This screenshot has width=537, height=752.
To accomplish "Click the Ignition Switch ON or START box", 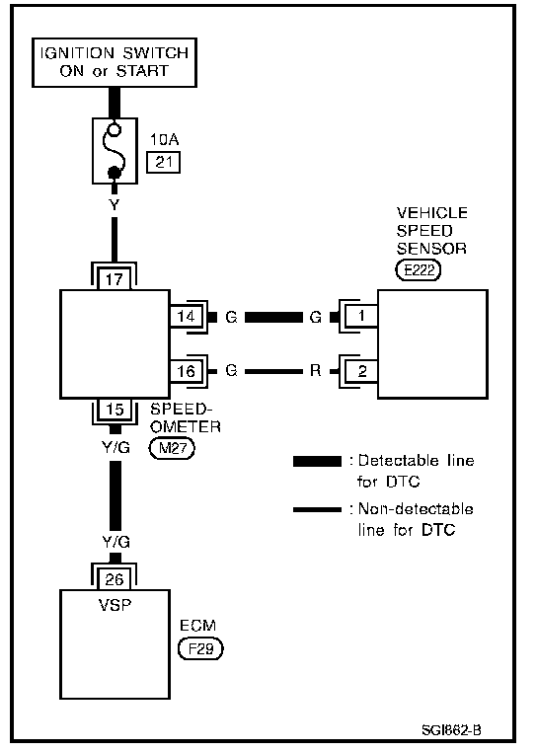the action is coord(115,62).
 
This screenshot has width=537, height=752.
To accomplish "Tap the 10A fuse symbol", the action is coord(115,151).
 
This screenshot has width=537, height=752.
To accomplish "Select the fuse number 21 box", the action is coord(163,162).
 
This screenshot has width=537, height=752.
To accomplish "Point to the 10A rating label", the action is coord(164,139).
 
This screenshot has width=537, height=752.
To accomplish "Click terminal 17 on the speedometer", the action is coord(115,279).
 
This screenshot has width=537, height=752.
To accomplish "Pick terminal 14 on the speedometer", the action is coord(186,317).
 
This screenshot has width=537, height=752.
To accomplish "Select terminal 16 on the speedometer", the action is coord(186,371).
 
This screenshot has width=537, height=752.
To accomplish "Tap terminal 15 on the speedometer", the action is coord(115,409).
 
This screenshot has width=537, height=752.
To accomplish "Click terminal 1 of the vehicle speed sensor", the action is coord(361,316).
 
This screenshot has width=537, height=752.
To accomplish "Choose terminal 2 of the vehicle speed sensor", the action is coord(362,371).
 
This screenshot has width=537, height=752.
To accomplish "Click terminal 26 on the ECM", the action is coord(115,579).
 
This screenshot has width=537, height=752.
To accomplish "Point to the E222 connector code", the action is coord(418,270).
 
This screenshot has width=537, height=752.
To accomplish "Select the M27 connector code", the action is coord(173,448).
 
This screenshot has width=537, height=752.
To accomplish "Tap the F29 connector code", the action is coord(200,649).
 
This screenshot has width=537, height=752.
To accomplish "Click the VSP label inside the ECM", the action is coord(115,605).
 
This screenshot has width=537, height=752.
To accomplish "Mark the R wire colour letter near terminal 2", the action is coord(315,370).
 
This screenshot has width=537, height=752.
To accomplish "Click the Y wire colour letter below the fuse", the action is coord(115,205).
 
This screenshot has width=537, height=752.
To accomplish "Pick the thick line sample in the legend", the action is coord(317,462).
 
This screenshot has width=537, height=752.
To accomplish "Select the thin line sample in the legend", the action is coord(317,509).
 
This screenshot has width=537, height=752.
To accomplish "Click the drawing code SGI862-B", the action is coord(451,729).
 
